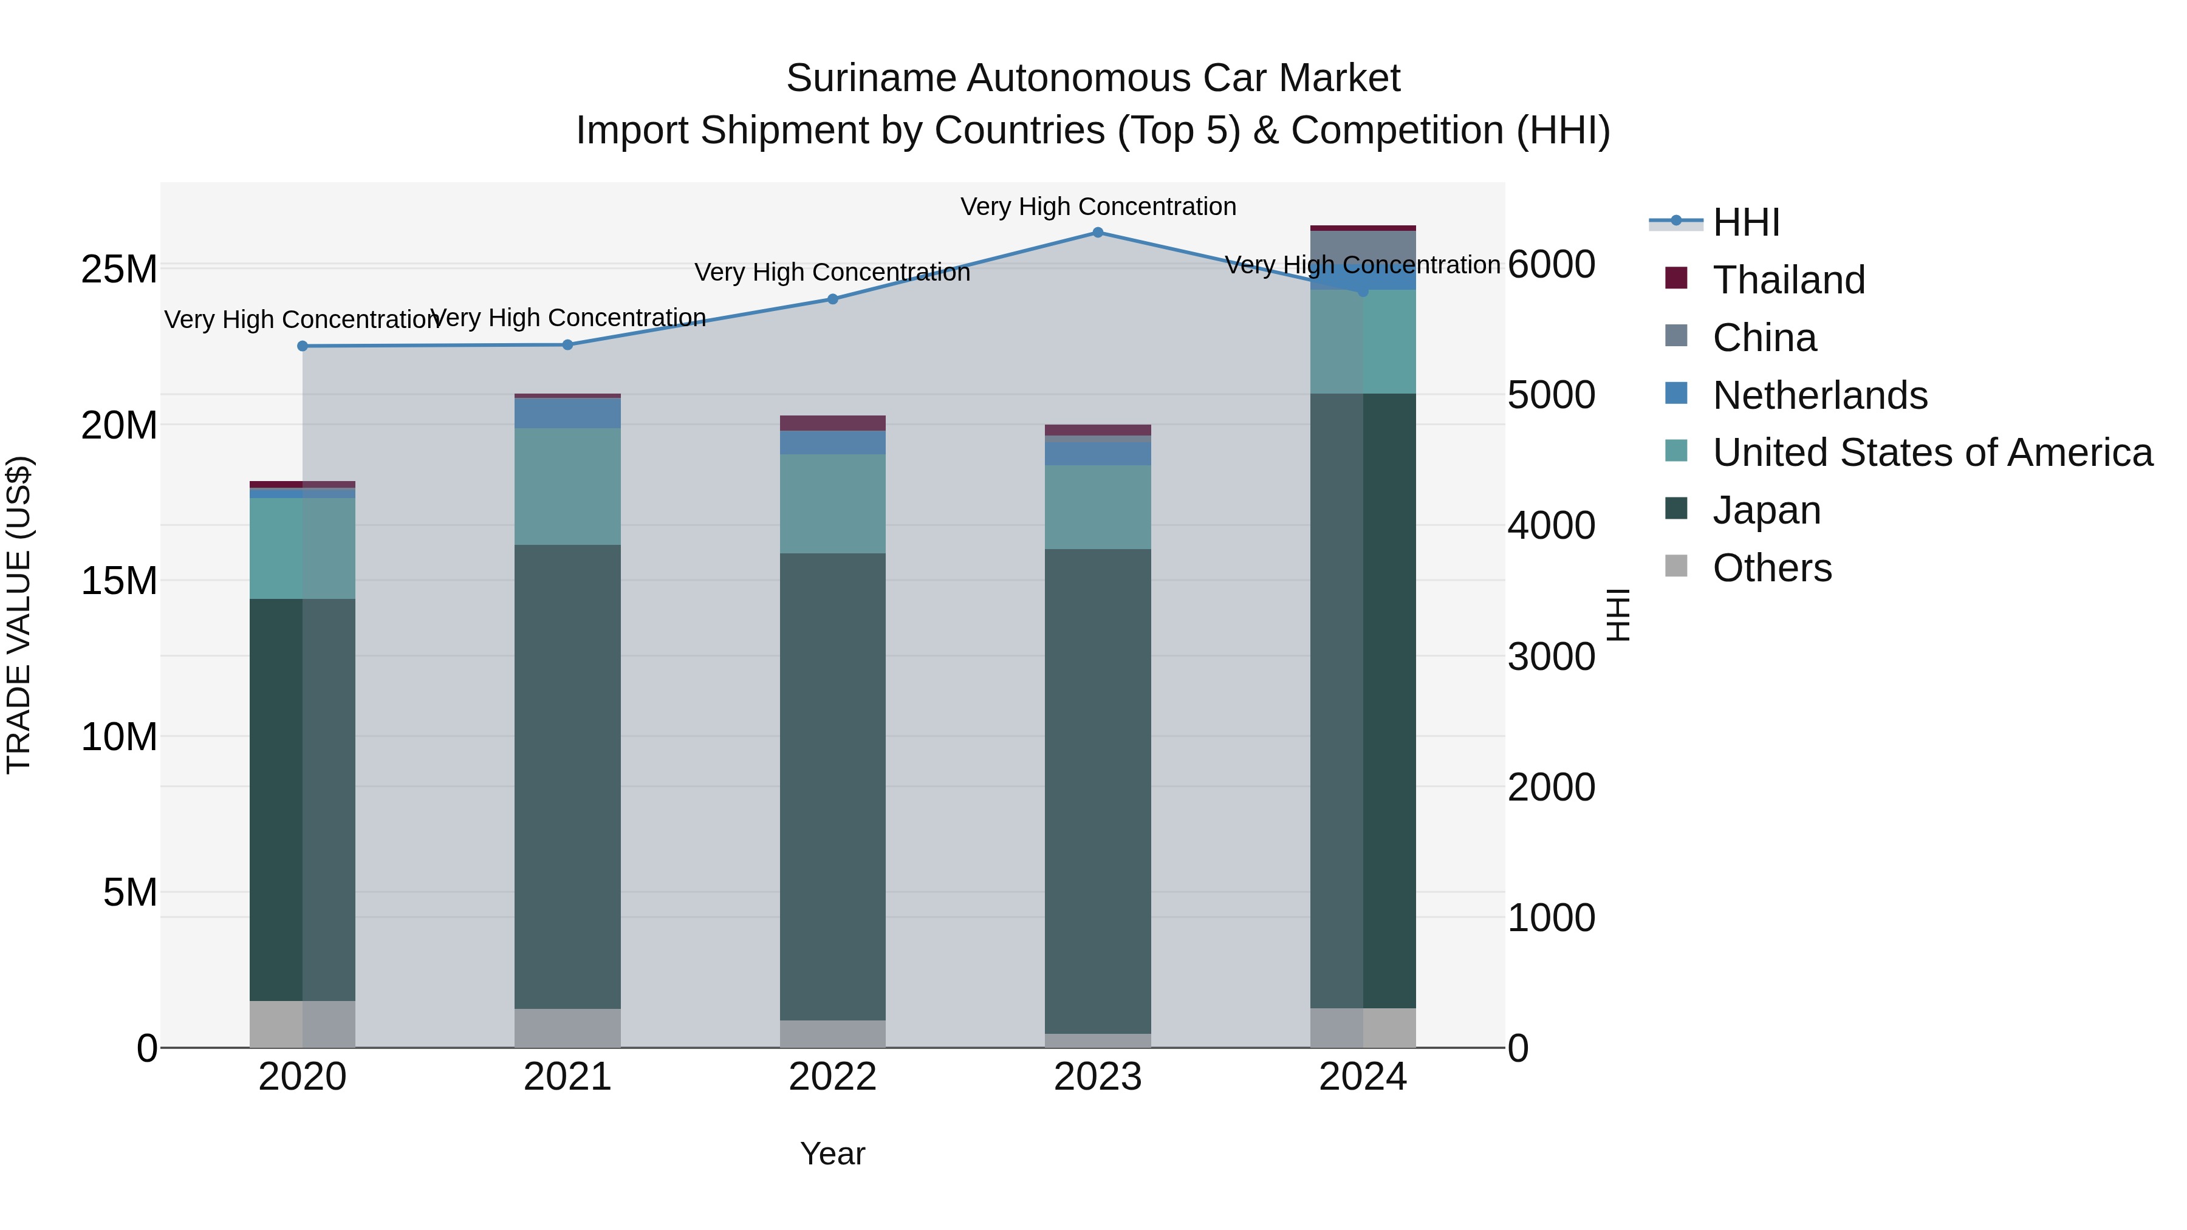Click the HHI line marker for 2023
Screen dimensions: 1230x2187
(1098, 233)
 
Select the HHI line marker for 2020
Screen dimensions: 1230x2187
(303, 346)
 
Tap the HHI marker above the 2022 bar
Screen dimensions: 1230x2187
(833, 299)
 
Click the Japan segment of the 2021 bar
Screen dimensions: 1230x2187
(567, 777)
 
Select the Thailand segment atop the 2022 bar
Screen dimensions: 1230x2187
(833, 423)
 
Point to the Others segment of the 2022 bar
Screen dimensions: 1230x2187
(833, 1033)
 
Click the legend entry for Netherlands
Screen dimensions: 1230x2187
(1819, 395)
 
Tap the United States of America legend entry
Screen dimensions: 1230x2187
(1931, 453)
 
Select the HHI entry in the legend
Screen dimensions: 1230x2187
(1745, 222)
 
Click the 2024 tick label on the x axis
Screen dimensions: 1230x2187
(1363, 1077)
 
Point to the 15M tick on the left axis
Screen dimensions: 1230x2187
(119, 581)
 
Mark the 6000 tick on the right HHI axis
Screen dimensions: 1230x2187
(1551, 264)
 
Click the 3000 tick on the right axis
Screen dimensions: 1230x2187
(1551, 657)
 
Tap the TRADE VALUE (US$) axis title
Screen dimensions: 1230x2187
(19, 615)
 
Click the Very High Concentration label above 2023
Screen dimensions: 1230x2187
(1098, 207)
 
